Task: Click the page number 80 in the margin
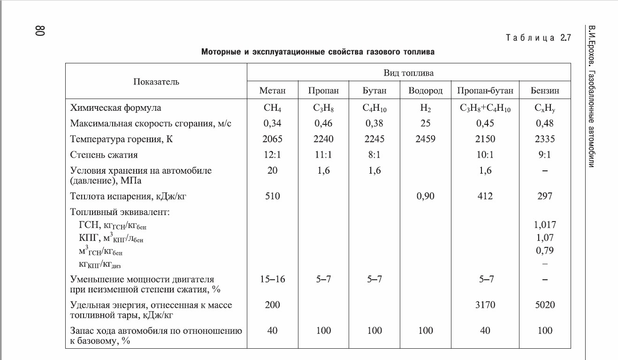(39, 31)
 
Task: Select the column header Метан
(272, 91)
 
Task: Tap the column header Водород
(425, 91)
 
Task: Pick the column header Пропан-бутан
(485, 91)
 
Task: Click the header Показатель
(156, 82)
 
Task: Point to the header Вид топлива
(408, 73)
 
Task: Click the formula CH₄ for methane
(273, 108)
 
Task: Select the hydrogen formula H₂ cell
(425, 108)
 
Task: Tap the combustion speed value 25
(425, 123)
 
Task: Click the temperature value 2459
(425, 139)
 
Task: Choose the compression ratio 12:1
(273, 154)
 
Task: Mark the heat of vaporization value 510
(273, 196)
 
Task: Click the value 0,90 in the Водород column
(425, 196)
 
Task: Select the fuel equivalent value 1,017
(545, 225)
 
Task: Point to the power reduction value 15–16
(273, 279)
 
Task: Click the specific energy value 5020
(545, 305)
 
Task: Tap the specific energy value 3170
(485, 305)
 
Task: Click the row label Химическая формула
(115, 108)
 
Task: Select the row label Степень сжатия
(104, 154)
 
